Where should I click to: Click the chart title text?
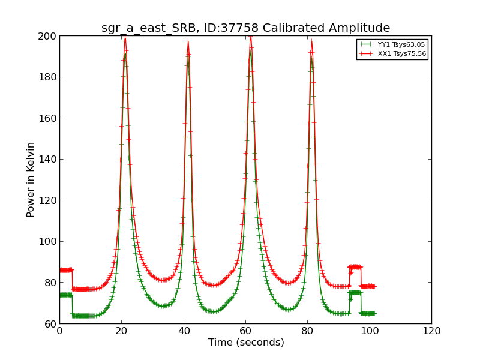[245, 28]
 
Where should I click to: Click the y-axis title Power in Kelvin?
[31, 179]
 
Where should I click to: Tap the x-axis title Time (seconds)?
[246, 343]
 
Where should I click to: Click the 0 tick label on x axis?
[59, 331]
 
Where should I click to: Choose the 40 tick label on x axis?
[184, 331]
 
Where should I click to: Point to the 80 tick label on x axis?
[307, 331]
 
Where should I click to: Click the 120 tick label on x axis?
[431, 331]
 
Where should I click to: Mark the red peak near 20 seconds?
[125, 38]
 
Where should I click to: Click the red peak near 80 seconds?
[311, 41]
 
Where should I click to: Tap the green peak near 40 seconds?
[188, 56]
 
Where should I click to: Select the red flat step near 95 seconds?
[355, 266]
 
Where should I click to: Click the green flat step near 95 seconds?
[355, 292]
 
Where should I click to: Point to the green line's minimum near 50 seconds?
[213, 311]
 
